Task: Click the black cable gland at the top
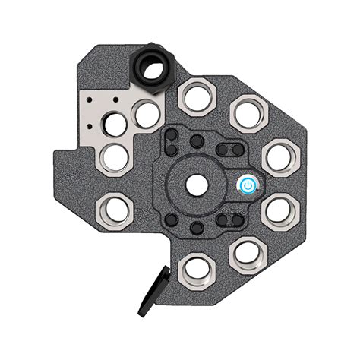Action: coord(153,69)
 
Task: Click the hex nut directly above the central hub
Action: coord(195,97)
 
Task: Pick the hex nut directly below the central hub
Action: coord(196,268)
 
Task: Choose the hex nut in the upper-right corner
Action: coord(247,112)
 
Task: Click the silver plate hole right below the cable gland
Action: coord(146,114)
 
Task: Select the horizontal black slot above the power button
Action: coord(229,148)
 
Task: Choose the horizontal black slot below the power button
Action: coord(229,221)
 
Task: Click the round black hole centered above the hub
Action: coord(197,141)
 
